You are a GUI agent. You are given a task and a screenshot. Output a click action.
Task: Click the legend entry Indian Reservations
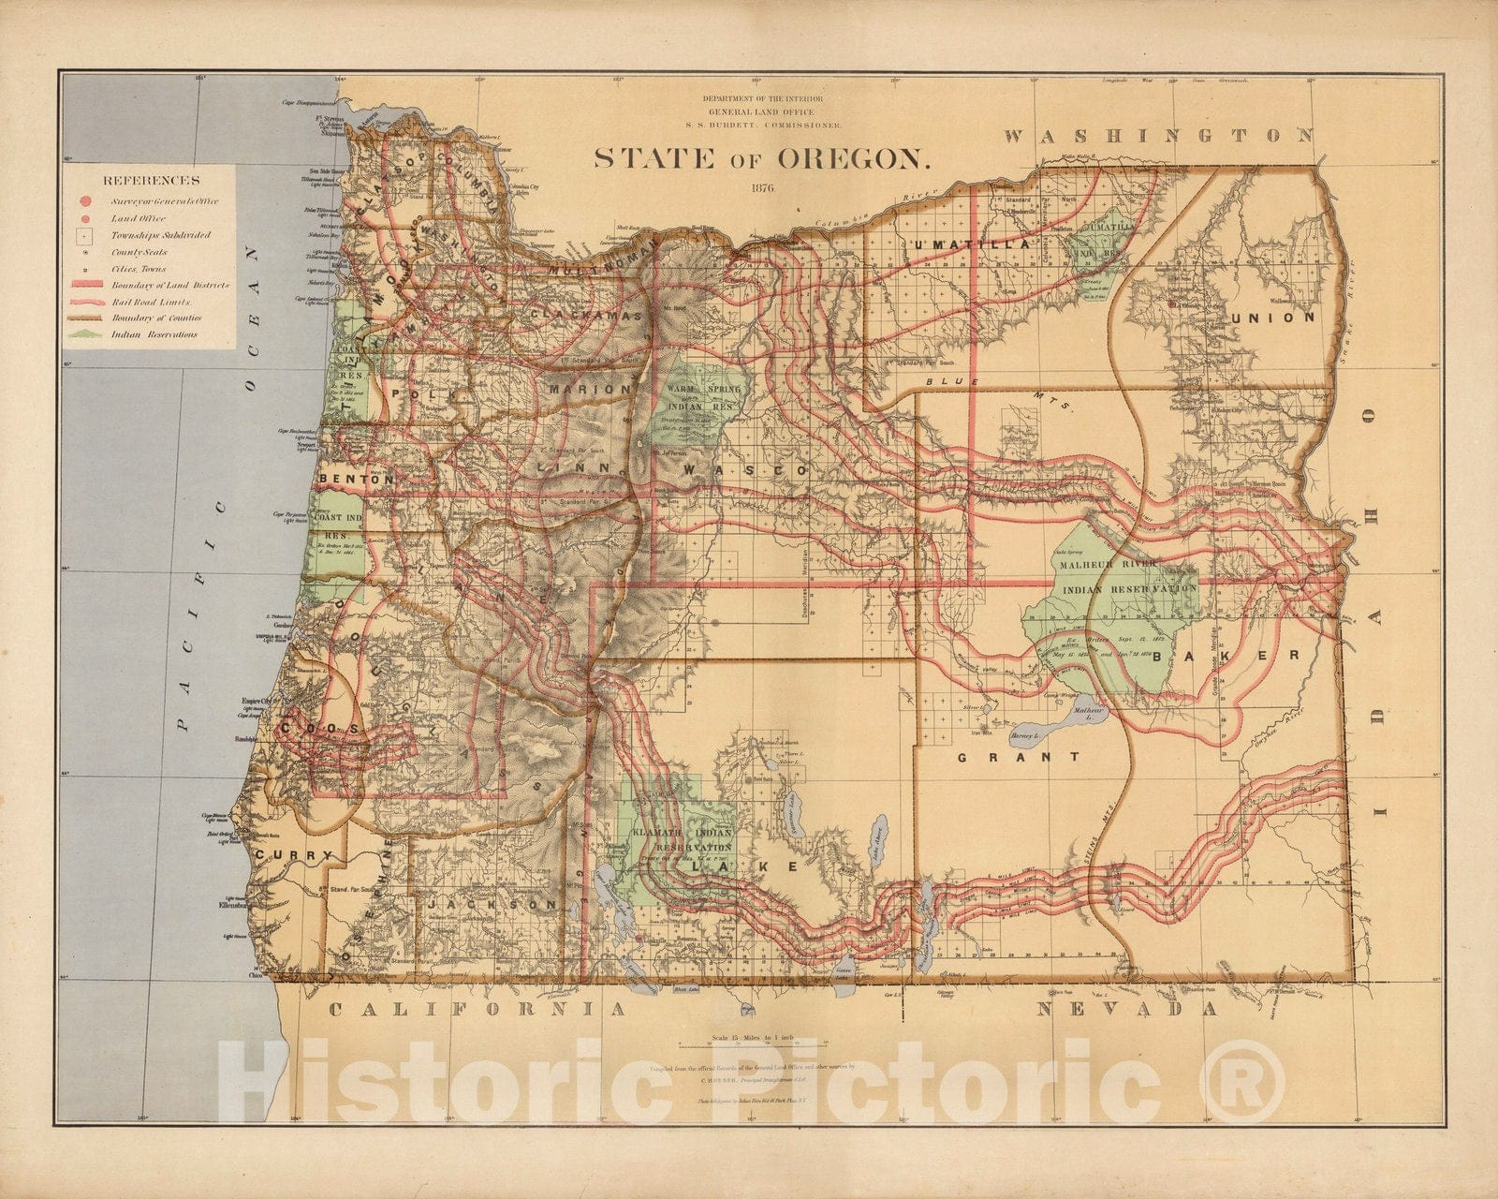[154, 333]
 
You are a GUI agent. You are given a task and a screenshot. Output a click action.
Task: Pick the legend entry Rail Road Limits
[151, 302]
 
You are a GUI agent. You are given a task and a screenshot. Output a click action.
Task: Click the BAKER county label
[1226, 655]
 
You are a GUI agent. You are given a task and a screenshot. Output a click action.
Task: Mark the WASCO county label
[744, 468]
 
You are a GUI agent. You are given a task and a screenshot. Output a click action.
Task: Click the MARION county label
[590, 389]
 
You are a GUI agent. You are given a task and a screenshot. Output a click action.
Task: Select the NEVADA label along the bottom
[1128, 1009]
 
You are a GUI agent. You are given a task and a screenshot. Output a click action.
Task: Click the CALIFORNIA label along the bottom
[477, 1009]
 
